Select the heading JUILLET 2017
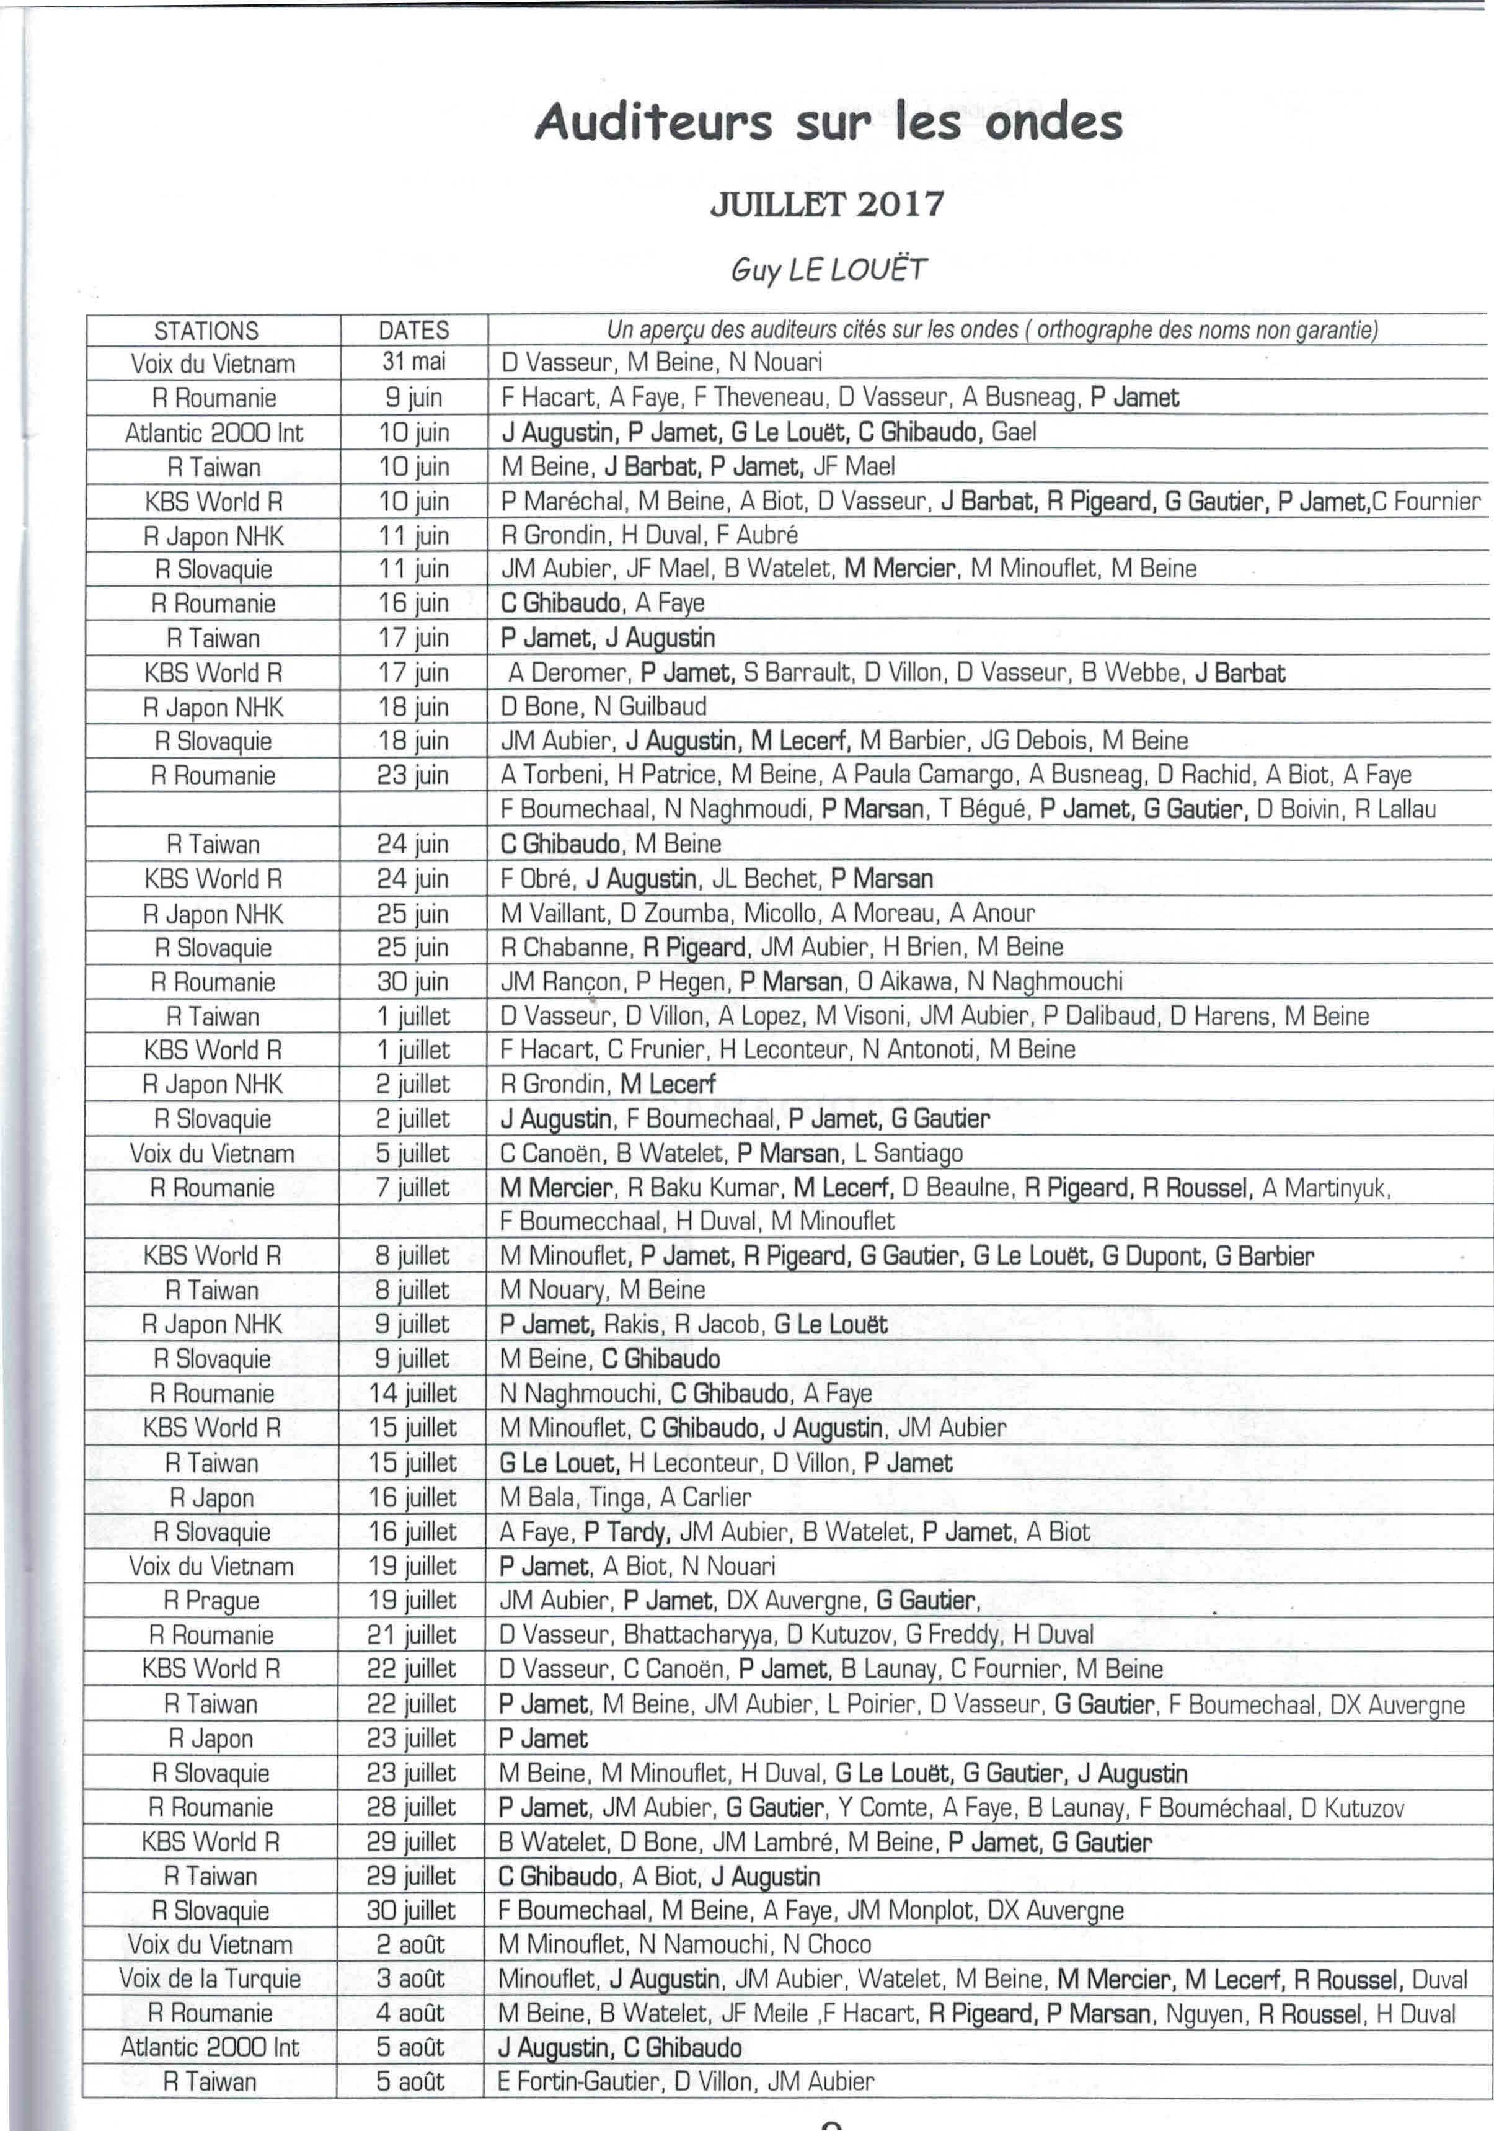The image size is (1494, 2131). pyautogui.click(x=827, y=203)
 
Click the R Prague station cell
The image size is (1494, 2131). pyautogui.click(x=211, y=1600)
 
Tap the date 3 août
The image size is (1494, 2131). pyautogui.click(x=411, y=1978)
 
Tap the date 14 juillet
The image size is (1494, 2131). pyautogui.click(x=413, y=1393)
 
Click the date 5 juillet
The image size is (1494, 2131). pyautogui.click(x=413, y=1153)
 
